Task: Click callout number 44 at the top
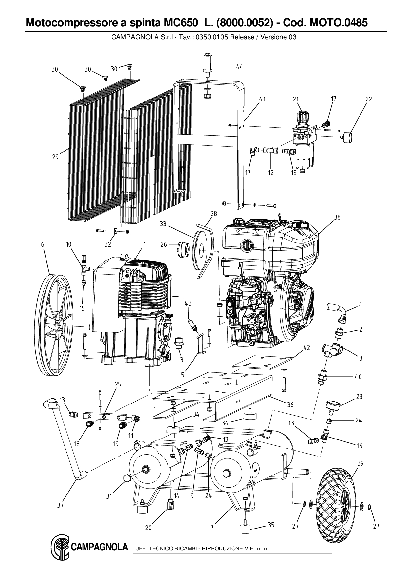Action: coord(239,67)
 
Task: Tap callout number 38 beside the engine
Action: coord(337,217)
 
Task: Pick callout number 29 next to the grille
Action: coord(55,157)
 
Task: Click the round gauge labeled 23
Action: coord(333,407)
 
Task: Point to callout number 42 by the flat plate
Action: coord(306,348)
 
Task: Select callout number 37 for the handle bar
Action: coord(60,506)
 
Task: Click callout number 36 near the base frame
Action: coord(290,405)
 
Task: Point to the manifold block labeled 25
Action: coord(105,417)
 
